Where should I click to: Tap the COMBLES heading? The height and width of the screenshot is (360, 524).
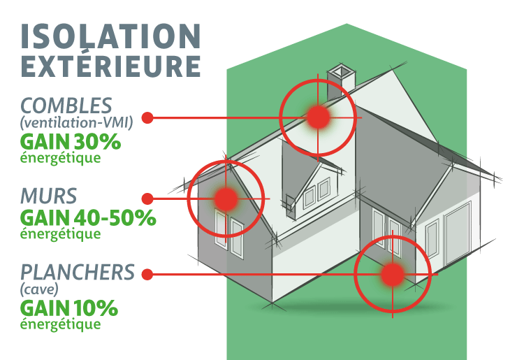click(66, 106)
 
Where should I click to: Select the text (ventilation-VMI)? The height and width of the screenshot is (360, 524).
click(77, 124)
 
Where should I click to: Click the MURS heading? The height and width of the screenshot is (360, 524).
click(49, 194)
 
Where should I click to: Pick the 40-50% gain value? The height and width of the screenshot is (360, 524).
click(114, 217)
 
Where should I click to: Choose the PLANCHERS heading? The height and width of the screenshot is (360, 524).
click(77, 271)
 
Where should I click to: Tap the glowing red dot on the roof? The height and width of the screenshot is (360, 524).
click(319, 117)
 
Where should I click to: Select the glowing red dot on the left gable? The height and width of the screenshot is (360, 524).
click(226, 199)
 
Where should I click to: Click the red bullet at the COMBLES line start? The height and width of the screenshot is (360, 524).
click(147, 117)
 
